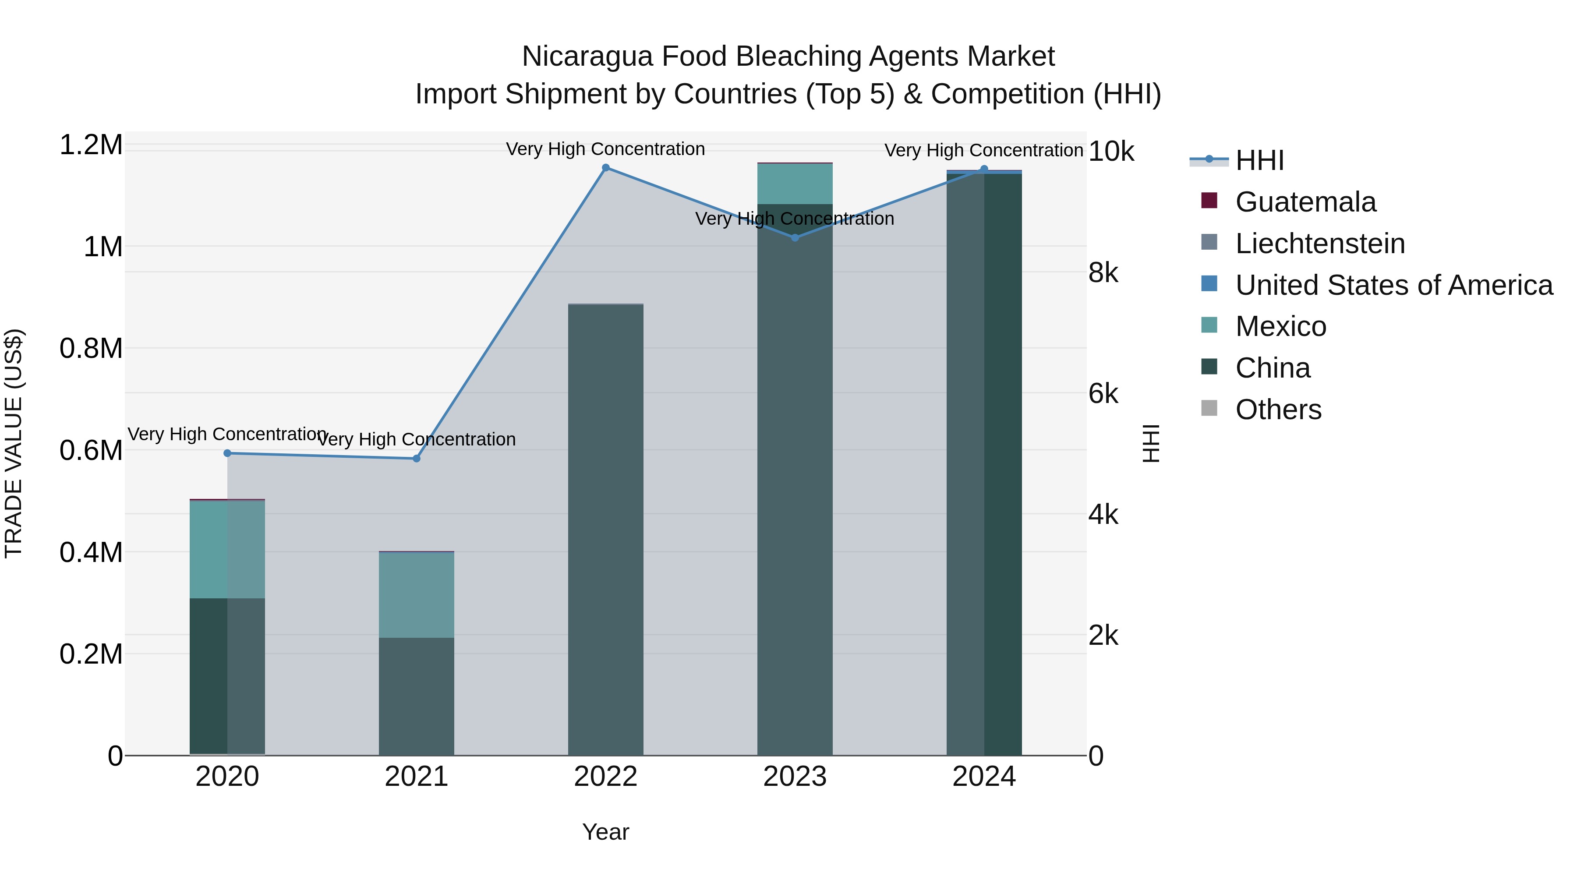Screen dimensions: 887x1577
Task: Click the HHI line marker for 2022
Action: coord(605,168)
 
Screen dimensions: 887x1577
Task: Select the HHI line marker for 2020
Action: coord(227,453)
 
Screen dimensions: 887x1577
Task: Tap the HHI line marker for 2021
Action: coord(416,459)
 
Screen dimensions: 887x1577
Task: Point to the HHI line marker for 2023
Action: coord(795,237)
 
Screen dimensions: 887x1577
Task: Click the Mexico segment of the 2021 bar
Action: coord(416,594)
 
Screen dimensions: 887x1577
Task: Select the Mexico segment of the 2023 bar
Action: coord(795,184)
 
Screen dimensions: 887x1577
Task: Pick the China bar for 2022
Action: coord(605,530)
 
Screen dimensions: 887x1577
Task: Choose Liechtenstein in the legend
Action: coord(1319,244)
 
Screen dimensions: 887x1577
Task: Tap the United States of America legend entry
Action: coord(1393,285)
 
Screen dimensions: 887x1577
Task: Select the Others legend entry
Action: coord(1278,410)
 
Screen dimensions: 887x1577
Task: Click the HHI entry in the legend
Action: coord(1259,160)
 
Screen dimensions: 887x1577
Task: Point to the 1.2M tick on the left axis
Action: coord(91,145)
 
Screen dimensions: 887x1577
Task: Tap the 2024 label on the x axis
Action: coord(984,777)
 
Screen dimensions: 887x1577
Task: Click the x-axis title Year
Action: coord(605,832)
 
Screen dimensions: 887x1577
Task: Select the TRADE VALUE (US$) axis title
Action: coord(14,443)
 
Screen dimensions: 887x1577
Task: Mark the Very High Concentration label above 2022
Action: coord(605,149)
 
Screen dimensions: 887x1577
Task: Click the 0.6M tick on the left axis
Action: coord(91,451)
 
